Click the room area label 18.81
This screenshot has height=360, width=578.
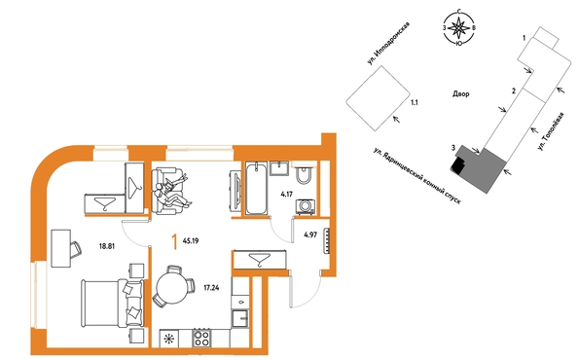point(107,246)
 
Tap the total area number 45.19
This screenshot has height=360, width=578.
point(190,241)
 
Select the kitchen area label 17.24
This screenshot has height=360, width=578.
point(211,287)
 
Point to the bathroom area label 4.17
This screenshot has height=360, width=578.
point(286,194)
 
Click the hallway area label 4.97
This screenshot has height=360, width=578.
point(310,234)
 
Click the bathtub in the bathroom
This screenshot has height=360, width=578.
point(256,189)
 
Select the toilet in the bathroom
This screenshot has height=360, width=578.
point(305,176)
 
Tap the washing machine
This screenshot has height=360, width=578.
point(306,206)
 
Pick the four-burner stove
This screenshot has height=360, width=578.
point(201,338)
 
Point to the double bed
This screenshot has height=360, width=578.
point(112,303)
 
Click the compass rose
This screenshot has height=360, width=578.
point(458,28)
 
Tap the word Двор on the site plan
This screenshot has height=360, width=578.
point(461,94)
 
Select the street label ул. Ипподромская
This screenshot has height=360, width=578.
point(388,44)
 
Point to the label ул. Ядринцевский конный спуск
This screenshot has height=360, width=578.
point(417,176)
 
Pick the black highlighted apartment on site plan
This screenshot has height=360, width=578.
point(457,164)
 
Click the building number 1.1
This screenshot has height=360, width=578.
point(415,103)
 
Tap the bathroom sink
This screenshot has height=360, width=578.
point(280,168)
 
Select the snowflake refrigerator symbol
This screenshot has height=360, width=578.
point(169,339)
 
